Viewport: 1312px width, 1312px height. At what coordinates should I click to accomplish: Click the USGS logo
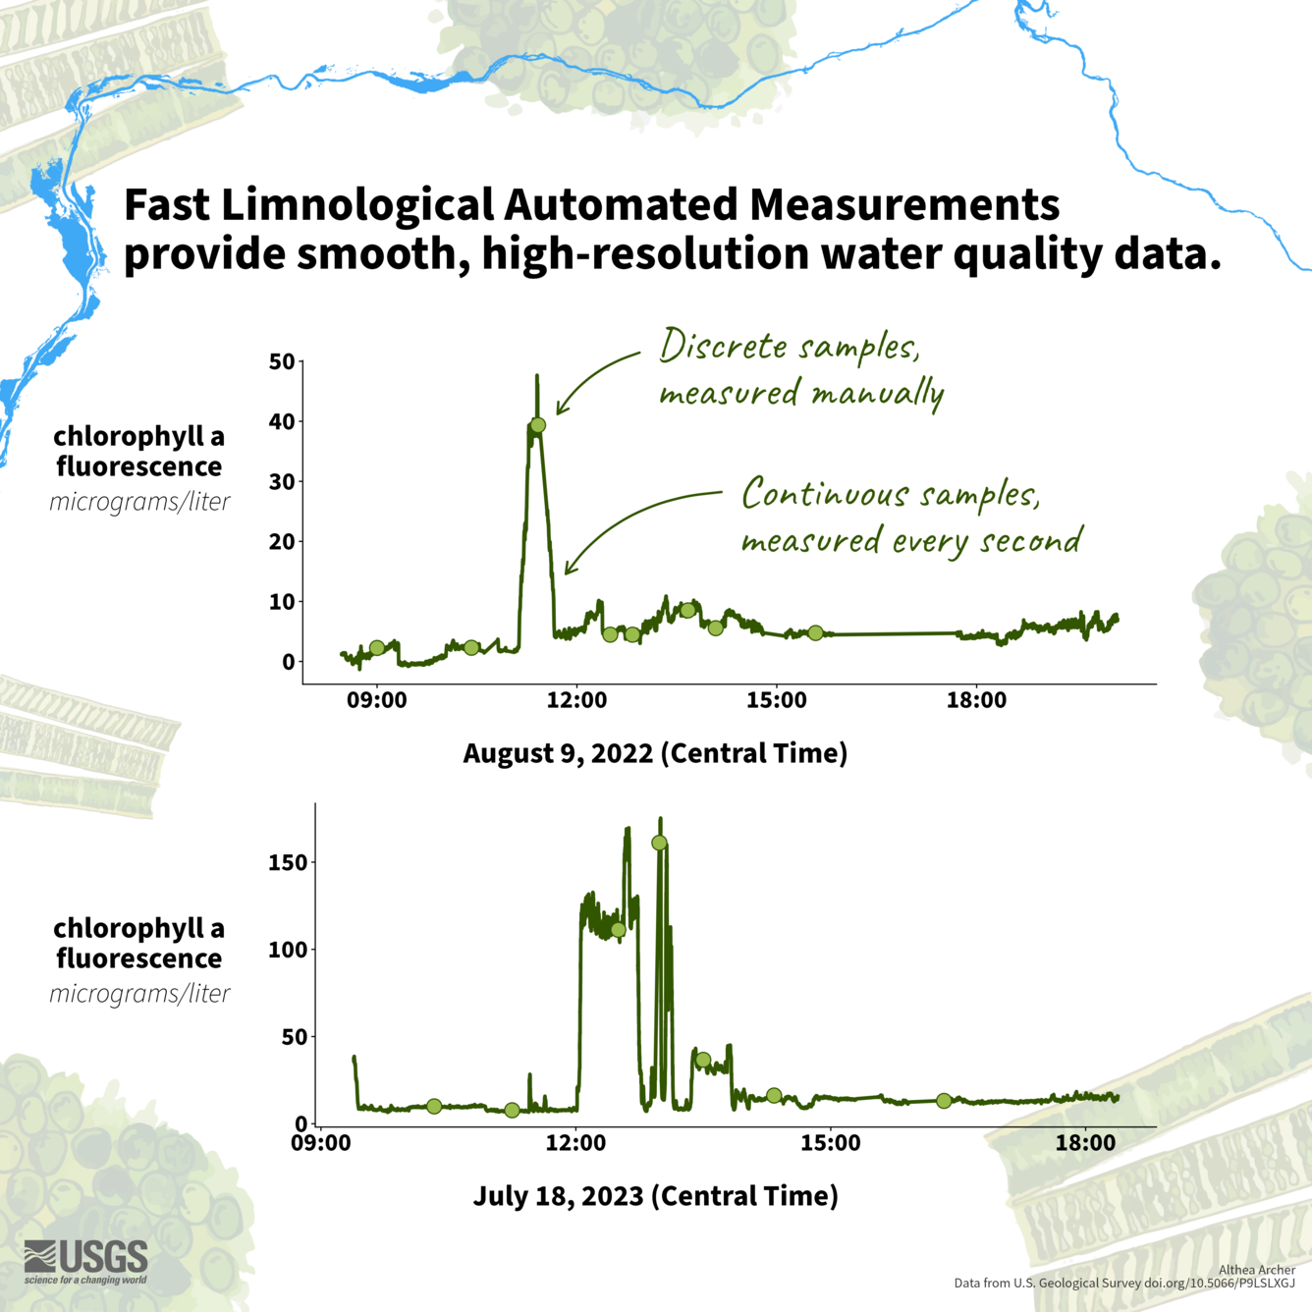pyautogui.click(x=86, y=1261)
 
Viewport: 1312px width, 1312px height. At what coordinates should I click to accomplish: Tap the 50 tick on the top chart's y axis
pyautogui.click(x=282, y=361)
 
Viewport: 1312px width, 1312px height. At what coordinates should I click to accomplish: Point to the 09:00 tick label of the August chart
pyautogui.click(x=376, y=700)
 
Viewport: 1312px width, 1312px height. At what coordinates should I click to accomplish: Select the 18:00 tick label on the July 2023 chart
pyautogui.click(x=1085, y=1143)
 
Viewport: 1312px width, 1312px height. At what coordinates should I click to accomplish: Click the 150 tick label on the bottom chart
pyautogui.click(x=288, y=862)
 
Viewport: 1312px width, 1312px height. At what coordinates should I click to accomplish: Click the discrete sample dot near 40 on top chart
pyautogui.click(x=537, y=425)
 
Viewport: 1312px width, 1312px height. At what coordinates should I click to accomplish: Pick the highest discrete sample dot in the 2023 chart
pyautogui.click(x=659, y=843)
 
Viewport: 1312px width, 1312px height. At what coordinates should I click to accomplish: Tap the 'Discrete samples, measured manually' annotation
pyautogui.click(x=800, y=369)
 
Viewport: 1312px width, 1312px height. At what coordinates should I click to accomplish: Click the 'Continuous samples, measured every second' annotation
pyautogui.click(x=910, y=517)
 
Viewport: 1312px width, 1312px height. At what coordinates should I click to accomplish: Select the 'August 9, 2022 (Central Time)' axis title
pyautogui.click(x=655, y=753)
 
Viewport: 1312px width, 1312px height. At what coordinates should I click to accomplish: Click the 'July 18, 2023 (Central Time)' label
pyautogui.click(x=655, y=1196)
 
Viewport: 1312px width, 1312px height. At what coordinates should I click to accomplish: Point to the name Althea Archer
pyautogui.click(x=1256, y=1270)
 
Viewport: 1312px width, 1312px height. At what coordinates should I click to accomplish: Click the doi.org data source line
pyautogui.click(x=1124, y=1284)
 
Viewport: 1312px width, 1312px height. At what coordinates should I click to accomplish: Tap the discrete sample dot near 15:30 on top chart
pyautogui.click(x=815, y=633)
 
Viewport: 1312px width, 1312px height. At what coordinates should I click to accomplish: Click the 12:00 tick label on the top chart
pyautogui.click(x=576, y=700)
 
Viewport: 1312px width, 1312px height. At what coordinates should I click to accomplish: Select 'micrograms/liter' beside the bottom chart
pyautogui.click(x=139, y=993)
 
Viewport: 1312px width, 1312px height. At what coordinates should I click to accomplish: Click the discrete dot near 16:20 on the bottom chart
pyautogui.click(x=944, y=1101)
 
